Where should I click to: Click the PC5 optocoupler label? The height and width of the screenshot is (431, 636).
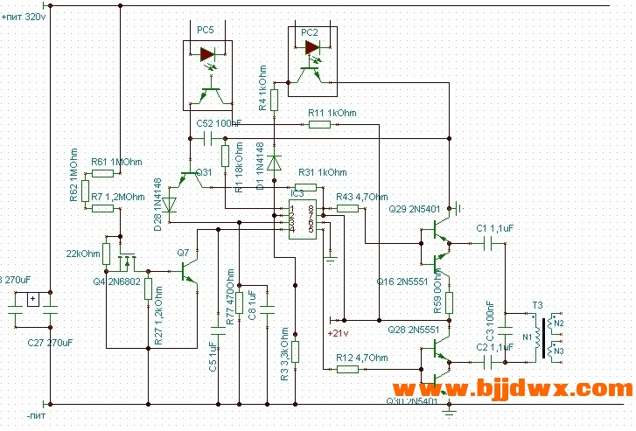click(205, 30)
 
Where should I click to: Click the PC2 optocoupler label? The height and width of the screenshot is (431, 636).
click(310, 32)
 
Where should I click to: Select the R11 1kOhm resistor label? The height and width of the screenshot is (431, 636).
click(332, 113)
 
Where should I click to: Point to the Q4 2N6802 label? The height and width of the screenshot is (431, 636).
click(116, 282)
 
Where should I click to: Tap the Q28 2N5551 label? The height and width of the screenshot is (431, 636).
click(412, 331)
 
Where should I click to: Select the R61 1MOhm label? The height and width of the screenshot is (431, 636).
click(115, 163)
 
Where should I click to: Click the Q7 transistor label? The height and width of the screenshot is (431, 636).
click(183, 253)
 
